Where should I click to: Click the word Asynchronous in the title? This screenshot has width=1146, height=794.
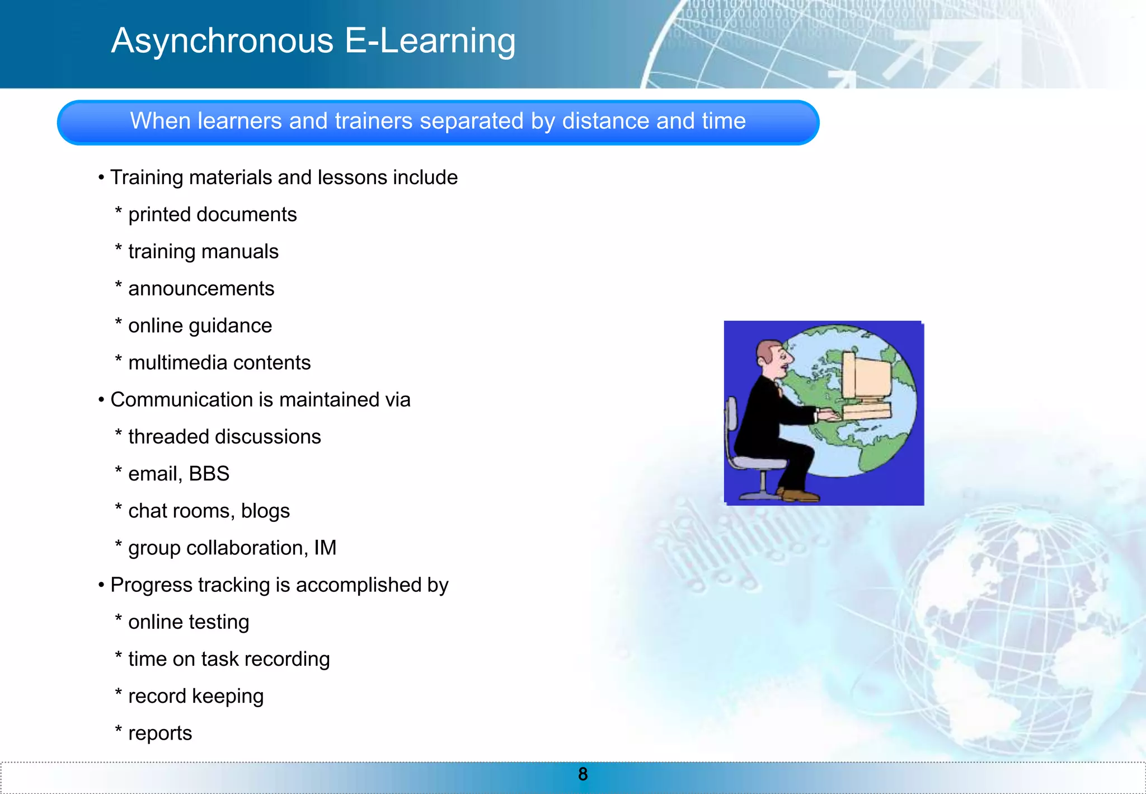222,41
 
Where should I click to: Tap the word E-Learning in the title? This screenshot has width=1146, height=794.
430,41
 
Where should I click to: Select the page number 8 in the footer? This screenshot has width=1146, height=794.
583,774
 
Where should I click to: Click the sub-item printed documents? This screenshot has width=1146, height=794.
212,214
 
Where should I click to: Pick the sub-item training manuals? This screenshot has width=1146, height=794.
203,251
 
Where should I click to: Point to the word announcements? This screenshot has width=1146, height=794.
201,288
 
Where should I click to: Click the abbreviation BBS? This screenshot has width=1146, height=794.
209,474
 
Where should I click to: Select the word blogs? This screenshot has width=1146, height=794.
265,511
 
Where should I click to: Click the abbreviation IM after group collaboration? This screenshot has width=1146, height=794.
325,548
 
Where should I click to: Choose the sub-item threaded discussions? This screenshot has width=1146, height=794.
224,437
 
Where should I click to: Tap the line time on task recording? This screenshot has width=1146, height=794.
228,659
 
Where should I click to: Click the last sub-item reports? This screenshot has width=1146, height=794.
160,733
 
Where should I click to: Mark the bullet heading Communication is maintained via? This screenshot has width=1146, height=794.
260,400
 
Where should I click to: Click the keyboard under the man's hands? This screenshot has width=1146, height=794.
866,413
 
